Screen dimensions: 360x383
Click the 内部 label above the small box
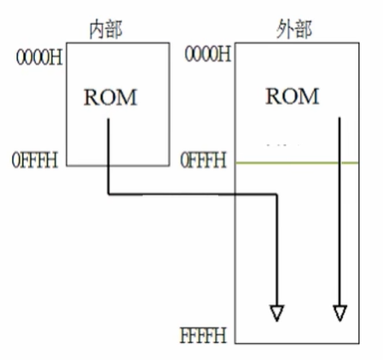pos(107,29)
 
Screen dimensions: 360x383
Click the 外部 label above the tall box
pos(294,29)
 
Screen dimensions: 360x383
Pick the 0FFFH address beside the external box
pos(205,160)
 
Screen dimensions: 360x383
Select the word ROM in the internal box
pos(109,97)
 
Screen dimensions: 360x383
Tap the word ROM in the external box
pos(292,96)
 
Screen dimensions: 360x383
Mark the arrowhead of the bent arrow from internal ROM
pos(276,313)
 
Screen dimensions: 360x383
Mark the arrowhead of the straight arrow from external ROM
pos(339,313)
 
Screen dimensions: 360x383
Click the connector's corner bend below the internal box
pos(108,195)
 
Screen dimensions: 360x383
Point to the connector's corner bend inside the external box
pos(276,195)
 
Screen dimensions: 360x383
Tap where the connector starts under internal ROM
pos(108,121)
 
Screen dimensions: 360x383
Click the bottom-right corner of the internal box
pos(169,165)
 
